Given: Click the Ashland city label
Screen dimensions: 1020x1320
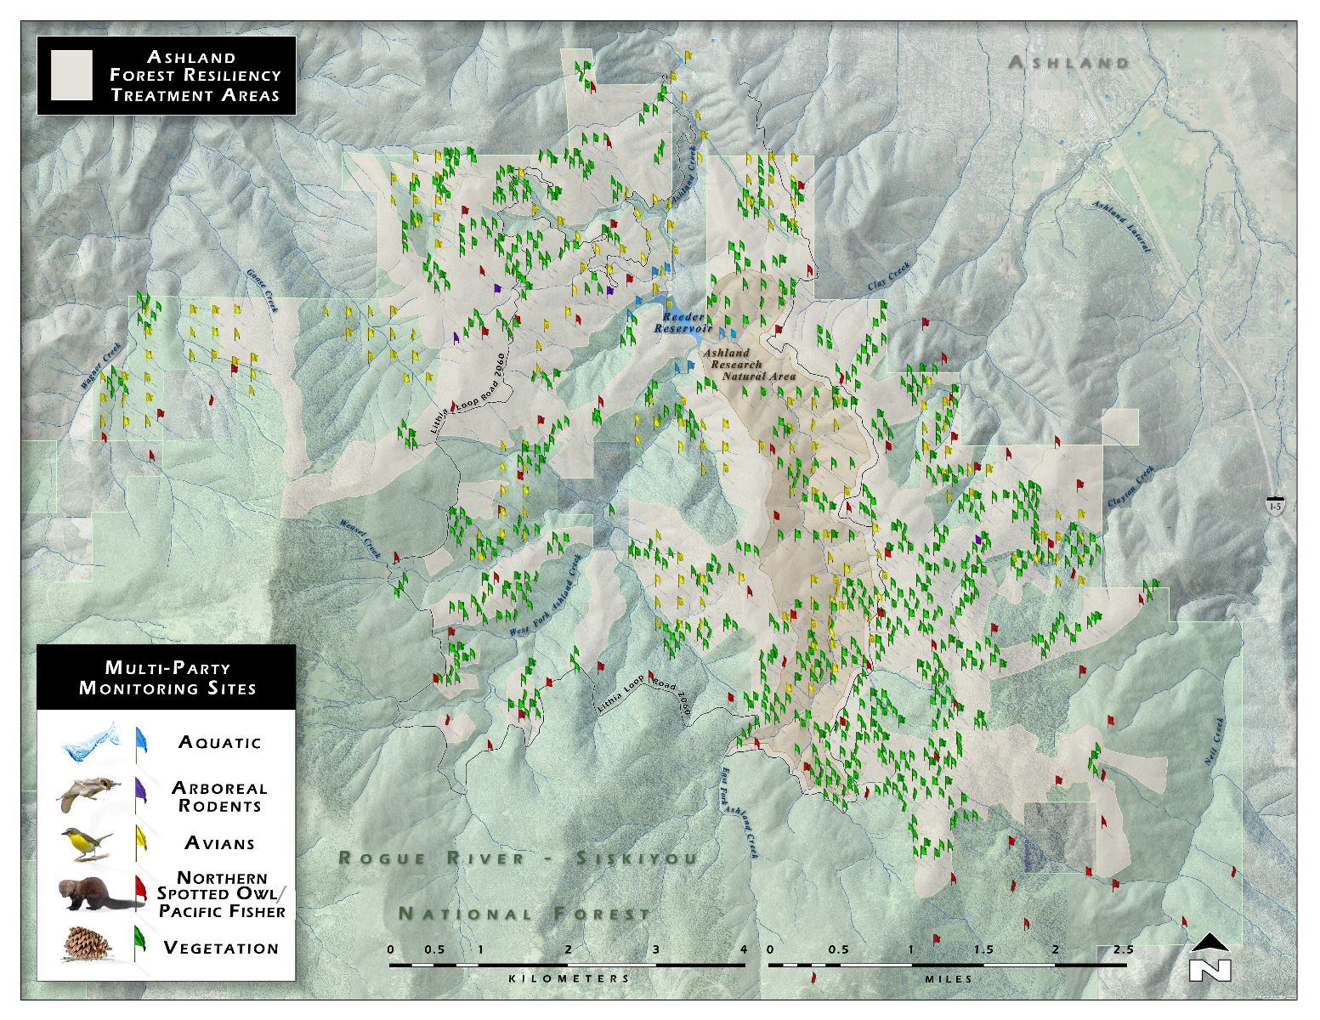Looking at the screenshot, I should pos(1068,62).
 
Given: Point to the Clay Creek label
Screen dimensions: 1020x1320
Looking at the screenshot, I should pos(888,279).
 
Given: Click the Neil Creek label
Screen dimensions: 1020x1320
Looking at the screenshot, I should pos(1215,742).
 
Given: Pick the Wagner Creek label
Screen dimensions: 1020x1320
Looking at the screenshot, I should pos(100,365).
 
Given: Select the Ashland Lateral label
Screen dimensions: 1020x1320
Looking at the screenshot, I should pos(1122,227).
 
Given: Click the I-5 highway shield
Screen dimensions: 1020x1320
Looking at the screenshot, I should pos(1275,506).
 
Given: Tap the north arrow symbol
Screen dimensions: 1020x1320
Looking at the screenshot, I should pos(1210,958).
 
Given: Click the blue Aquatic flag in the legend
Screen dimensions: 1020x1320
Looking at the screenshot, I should pos(141,741).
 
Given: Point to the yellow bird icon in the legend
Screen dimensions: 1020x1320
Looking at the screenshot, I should pos(88,842).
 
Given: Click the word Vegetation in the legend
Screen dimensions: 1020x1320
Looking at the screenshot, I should pos(221,948).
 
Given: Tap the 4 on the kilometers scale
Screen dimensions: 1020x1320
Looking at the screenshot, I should pos(745,949).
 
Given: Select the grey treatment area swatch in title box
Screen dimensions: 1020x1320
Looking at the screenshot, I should pos(71,76).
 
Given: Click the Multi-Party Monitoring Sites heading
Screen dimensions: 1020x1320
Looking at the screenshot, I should pos(167,678).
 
